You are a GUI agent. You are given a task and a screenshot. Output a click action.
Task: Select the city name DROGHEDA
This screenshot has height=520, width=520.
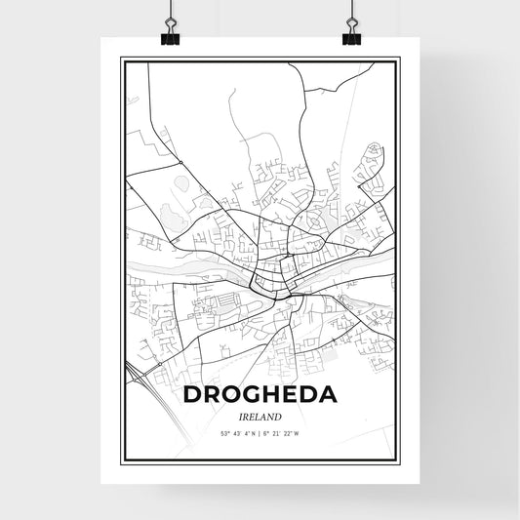tap(260, 394)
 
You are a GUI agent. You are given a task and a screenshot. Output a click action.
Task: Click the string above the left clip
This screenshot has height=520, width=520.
tap(171, 12)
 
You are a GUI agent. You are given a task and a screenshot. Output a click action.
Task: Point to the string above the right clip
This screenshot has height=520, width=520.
tap(350, 12)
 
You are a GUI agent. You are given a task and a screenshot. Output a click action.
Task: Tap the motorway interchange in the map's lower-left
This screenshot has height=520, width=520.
tap(155, 366)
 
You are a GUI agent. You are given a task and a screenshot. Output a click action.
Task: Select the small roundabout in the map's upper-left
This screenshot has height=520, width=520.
tap(181, 160)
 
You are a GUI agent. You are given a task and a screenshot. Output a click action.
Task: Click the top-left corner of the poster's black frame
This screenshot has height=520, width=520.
tap(121, 59)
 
